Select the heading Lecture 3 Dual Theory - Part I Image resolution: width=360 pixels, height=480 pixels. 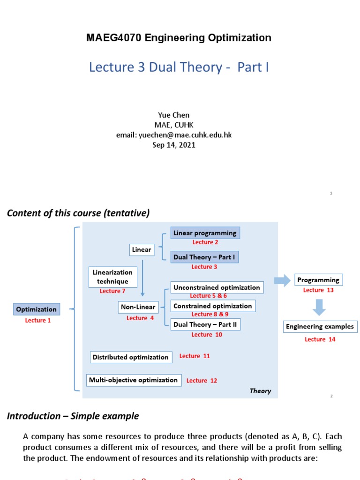click(x=179, y=67)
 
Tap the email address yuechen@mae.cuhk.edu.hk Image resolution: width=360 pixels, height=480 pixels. click(x=174, y=135)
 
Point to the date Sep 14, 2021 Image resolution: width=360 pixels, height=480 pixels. click(x=174, y=145)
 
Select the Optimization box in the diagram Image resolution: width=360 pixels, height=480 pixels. click(x=37, y=309)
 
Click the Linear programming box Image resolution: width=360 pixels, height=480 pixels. click(x=205, y=233)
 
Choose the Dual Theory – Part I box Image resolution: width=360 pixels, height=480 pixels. click(x=205, y=257)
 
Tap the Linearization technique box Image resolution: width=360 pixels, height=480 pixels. click(x=112, y=277)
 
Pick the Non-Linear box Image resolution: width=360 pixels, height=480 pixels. click(x=138, y=307)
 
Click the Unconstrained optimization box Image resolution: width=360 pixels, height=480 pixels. click(x=217, y=287)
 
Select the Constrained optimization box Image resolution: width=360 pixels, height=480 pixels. click(x=213, y=306)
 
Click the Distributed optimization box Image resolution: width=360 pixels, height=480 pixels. click(x=131, y=357)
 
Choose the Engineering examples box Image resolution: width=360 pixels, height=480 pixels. click(x=320, y=327)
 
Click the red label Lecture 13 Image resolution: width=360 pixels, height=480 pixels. click(x=318, y=290)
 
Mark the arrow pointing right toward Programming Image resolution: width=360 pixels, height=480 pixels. click(x=282, y=281)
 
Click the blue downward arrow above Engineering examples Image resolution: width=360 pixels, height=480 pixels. click(x=319, y=307)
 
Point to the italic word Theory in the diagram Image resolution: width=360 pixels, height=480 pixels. click(x=260, y=391)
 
